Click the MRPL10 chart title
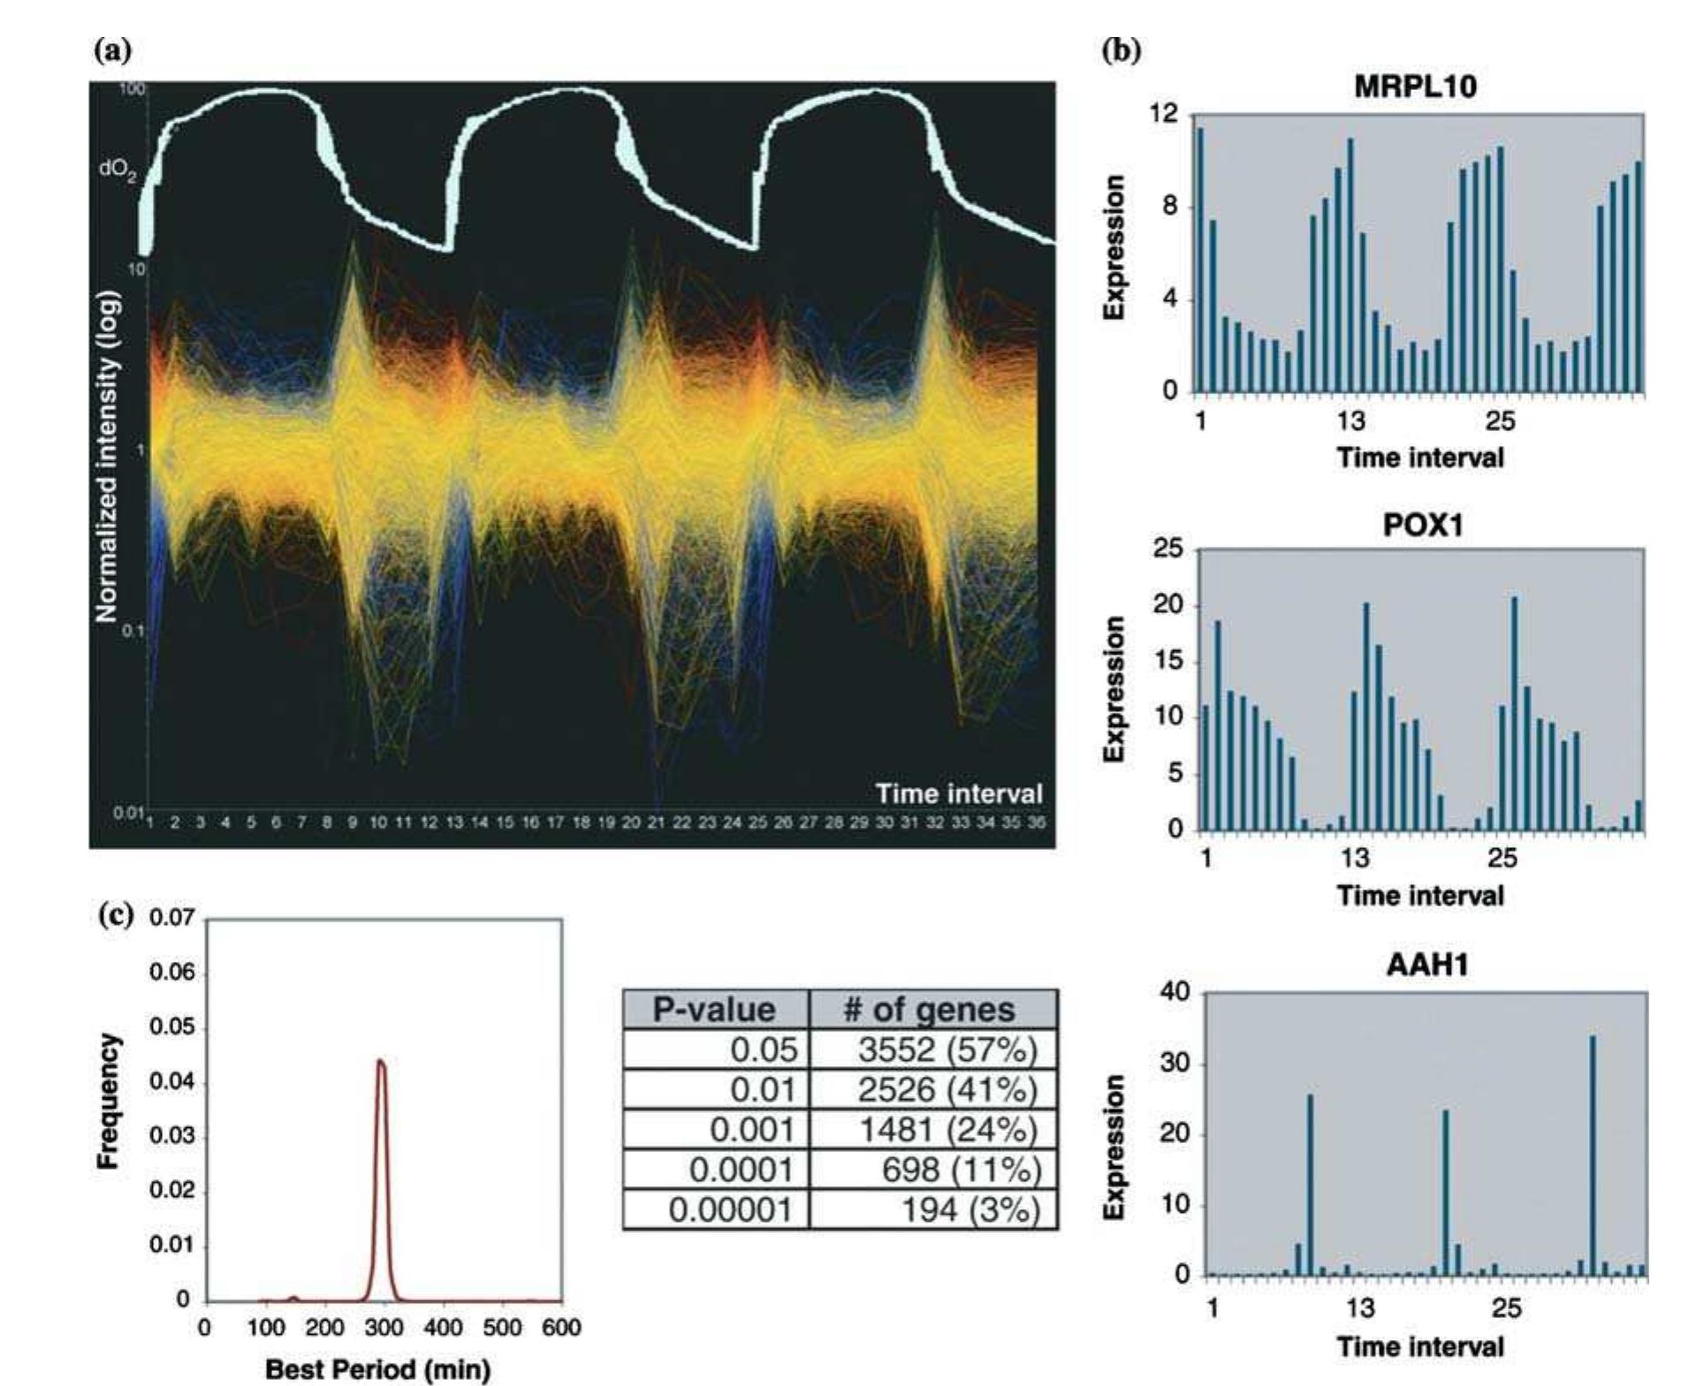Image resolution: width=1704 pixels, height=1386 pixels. pyautogui.click(x=1415, y=87)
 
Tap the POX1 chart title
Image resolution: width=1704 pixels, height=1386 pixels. pyautogui.click(x=1422, y=526)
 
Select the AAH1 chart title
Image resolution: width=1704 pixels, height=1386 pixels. pyautogui.click(x=1426, y=964)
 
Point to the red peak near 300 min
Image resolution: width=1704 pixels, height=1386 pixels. pyautogui.click(x=381, y=1064)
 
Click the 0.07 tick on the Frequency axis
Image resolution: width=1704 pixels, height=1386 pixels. pyautogui.click(x=171, y=918)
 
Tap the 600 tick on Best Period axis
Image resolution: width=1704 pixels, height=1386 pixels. pyautogui.click(x=561, y=1328)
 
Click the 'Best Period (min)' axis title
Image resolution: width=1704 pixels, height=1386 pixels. pyautogui.click(x=377, y=1369)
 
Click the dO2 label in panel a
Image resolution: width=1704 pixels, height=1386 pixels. pyautogui.click(x=118, y=170)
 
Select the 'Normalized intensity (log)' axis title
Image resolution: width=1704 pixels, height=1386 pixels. pyautogui.click(x=107, y=457)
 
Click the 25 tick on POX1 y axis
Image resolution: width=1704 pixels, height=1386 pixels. pyautogui.click(x=1168, y=549)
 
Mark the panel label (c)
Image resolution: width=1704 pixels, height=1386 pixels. pyautogui.click(x=114, y=913)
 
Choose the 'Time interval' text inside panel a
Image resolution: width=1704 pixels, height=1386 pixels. pyautogui.click(x=959, y=793)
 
